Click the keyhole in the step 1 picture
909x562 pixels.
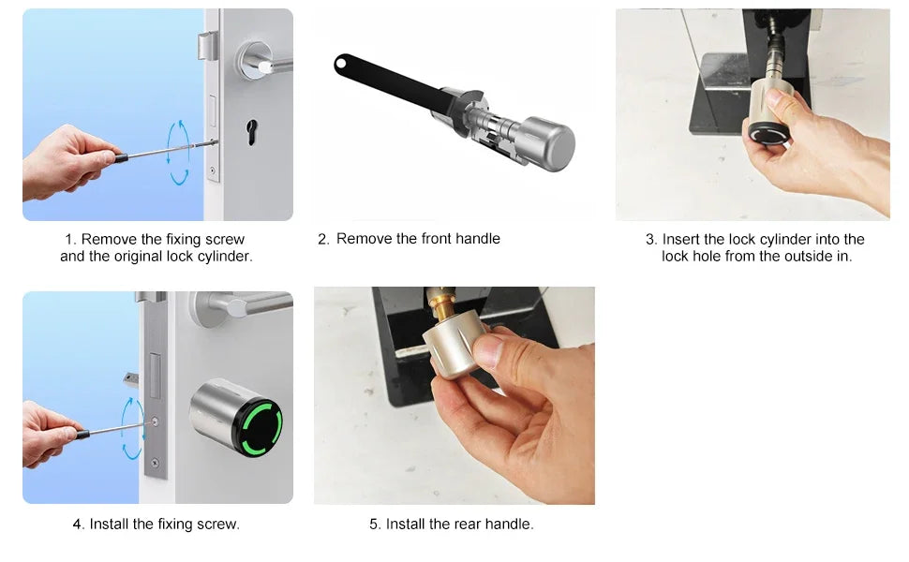pos(251,128)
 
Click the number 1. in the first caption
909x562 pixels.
pos(72,240)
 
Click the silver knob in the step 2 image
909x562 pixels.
pos(548,143)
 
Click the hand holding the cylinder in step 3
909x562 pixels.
pos(834,164)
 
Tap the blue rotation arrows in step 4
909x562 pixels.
pos(132,428)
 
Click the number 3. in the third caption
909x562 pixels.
pos(651,240)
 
